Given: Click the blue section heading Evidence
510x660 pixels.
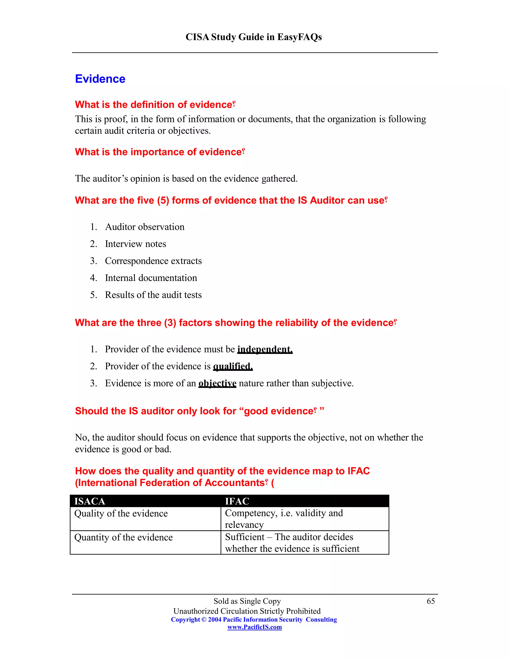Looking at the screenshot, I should [100, 79].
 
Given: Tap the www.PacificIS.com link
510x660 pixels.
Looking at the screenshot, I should [255, 627].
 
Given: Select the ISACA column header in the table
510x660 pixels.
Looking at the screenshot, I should [90, 501].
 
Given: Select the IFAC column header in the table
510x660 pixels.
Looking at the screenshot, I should [237, 501].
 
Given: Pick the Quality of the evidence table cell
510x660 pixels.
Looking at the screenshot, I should [121, 514].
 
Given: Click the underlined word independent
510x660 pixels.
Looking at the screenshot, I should [265, 349].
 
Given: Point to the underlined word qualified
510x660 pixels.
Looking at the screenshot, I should [233, 366].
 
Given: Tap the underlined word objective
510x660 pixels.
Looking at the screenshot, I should [217, 383].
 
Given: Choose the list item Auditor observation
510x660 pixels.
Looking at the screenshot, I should [144, 227].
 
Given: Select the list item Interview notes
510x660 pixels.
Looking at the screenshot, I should [135, 244].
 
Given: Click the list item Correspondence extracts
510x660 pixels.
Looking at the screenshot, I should [153, 261].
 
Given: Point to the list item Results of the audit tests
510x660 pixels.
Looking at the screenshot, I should [153, 295].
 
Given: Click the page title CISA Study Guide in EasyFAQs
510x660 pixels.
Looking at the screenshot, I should [254, 37].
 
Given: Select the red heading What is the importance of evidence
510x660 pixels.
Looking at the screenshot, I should [160, 152].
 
